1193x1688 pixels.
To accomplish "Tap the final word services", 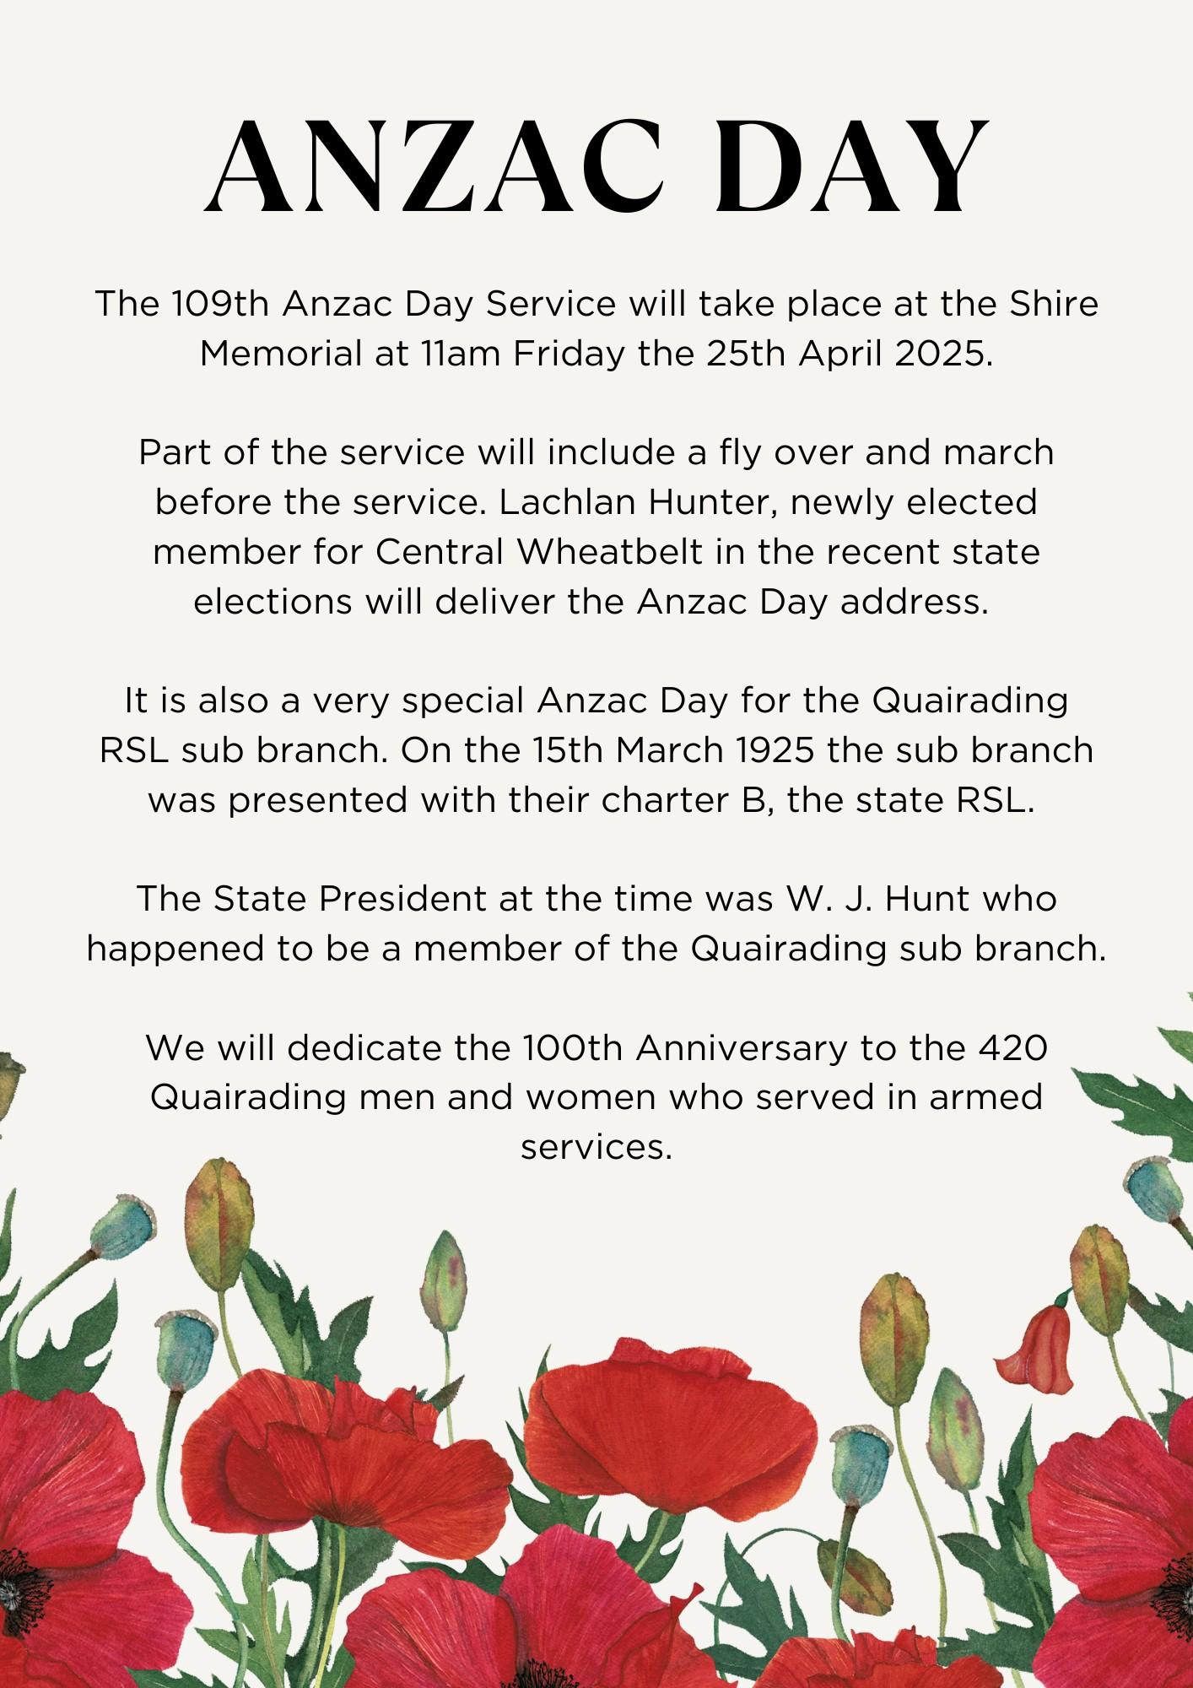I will click(x=596, y=1148).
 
